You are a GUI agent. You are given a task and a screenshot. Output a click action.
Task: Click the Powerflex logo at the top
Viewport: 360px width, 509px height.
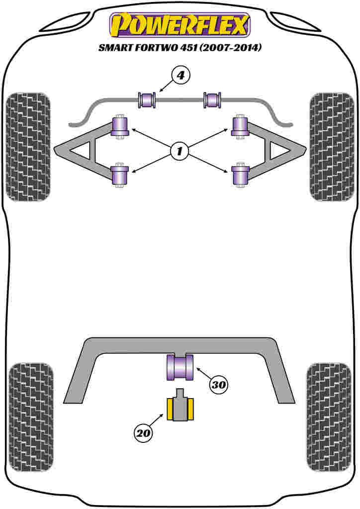click(180, 25)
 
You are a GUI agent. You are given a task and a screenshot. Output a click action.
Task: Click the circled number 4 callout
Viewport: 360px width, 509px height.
click(180, 76)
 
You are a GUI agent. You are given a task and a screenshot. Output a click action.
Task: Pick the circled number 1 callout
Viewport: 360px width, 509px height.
click(180, 150)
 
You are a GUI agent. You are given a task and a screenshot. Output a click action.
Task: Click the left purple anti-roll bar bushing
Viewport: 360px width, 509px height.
click(147, 99)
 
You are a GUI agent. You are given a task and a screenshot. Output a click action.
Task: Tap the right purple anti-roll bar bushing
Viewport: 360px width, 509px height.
click(213, 99)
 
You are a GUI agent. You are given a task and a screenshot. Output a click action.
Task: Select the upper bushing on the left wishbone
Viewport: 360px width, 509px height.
click(120, 126)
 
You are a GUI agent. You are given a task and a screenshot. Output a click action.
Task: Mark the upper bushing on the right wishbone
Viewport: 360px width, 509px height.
click(240, 126)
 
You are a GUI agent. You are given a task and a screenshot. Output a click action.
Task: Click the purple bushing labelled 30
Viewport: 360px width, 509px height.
click(180, 367)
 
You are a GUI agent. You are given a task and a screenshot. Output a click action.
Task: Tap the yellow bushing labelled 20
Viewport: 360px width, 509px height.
click(180, 409)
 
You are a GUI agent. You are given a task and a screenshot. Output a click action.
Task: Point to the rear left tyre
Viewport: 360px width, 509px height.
click(31, 417)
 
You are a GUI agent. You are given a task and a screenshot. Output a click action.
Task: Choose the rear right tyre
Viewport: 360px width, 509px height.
click(329, 417)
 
